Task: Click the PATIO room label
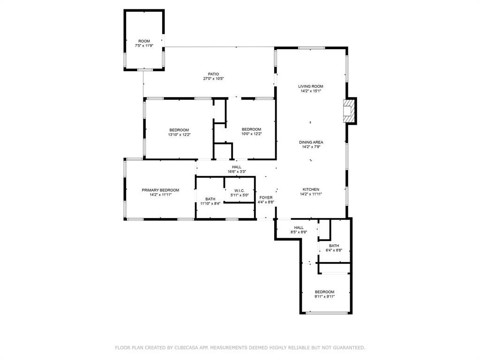click(214, 74)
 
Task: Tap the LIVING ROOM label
click(311, 86)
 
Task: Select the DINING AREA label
click(311, 142)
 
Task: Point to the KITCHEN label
click(311, 189)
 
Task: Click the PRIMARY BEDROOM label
click(160, 190)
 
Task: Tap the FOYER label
click(266, 197)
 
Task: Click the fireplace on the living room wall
click(349, 111)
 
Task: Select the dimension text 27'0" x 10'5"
click(214, 79)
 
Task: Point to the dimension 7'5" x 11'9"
click(144, 46)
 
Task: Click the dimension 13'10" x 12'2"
click(179, 135)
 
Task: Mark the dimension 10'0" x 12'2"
click(251, 134)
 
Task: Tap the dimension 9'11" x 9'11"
click(324, 296)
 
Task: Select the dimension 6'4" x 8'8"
click(334, 250)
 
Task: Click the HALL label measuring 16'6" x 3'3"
click(236, 167)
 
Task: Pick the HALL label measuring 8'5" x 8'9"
click(299, 227)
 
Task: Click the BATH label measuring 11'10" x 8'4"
click(210, 199)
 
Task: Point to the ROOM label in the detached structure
click(144, 41)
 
